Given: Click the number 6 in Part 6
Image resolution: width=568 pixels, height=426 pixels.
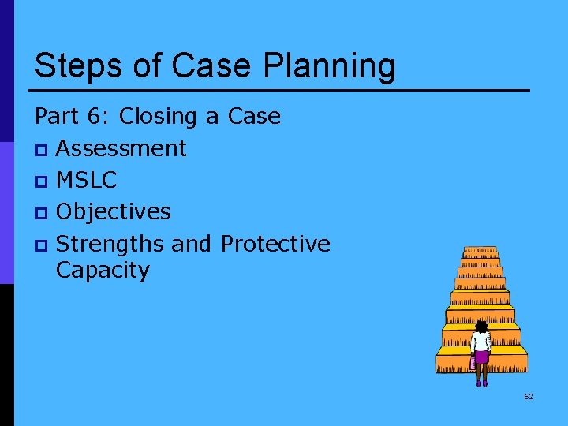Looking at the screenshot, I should [x=92, y=117].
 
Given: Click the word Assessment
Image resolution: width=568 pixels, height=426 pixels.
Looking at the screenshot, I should [x=121, y=148].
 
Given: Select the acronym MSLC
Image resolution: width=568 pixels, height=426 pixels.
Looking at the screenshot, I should [x=87, y=180].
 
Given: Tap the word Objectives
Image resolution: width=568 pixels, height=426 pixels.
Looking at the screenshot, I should [x=114, y=211].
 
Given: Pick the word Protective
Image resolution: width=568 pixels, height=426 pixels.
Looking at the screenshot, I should [x=275, y=243].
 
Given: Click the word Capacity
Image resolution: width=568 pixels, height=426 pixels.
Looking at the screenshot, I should [x=103, y=271].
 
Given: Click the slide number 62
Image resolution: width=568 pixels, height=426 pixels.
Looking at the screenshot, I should [x=529, y=396].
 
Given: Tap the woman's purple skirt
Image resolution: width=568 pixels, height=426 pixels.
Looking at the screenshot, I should [x=480, y=357].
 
